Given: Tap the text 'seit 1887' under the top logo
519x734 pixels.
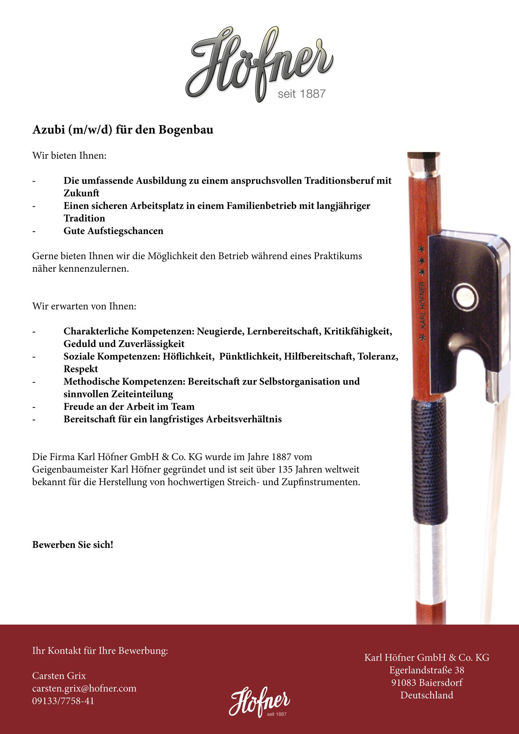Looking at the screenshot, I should pyautogui.click(x=301, y=94).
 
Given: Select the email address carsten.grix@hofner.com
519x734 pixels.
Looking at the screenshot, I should pyautogui.click(x=84, y=689).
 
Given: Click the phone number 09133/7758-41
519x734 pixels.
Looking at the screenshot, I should pyautogui.click(x=63, y=701).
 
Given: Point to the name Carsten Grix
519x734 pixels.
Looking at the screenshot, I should pyautogui.click(x=59, y=676).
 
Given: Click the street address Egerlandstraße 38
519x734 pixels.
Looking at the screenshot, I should pyautogui.click(x=426, y=670).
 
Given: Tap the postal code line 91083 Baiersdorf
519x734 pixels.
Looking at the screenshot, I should pyautogui.click(x=426, y=683).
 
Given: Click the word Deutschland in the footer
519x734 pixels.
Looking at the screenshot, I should pyautogui.click(x=426, y=695).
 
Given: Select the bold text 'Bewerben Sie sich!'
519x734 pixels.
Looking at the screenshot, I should pyautogui.click(x=73, y=545).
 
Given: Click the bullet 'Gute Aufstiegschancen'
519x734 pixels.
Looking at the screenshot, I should pyautogui.click(x=113, y=231).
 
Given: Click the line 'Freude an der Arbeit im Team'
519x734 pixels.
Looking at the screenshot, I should pyautogui.click(x=129, y=407).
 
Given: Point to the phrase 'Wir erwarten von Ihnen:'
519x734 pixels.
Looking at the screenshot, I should pyautogui.click(x=84, y=307).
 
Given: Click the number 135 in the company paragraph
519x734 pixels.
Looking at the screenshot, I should pyautogui.click(x=286, y=469).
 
